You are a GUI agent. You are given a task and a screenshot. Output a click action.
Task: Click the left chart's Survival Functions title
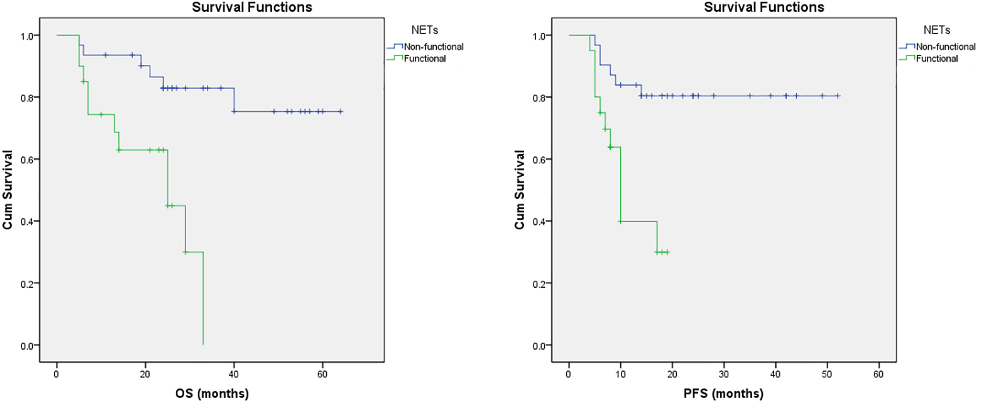(252, 7)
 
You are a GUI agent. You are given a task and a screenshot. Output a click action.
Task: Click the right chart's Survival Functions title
(764, 7)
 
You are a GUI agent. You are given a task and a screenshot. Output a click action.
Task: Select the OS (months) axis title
(211, 394)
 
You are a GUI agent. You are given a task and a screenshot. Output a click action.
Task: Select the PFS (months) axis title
(723, 394)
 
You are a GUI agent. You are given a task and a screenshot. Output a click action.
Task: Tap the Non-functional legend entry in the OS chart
(433, 46)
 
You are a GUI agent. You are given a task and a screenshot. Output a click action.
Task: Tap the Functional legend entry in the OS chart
(425, 58)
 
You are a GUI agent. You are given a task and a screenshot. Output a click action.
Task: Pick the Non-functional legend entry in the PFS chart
(945, 46)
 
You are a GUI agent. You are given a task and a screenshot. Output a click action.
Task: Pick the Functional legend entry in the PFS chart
(937, 58)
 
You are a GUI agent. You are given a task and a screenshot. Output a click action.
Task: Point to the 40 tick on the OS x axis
(233, 374)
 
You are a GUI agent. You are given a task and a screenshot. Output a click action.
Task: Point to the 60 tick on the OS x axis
(322, 374)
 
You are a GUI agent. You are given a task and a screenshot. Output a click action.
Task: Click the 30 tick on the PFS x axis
(724, 374)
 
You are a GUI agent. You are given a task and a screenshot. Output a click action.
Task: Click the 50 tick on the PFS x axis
(827, 374)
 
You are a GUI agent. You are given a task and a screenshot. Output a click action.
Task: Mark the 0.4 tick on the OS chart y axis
(27, 221)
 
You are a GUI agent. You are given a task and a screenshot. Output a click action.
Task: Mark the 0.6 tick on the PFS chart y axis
(539, 159)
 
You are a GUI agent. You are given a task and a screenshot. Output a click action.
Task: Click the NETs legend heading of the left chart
(424, 30)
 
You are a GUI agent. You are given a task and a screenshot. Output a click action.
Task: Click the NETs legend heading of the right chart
(936, 30)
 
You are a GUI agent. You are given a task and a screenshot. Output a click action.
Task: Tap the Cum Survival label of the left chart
(8, 189)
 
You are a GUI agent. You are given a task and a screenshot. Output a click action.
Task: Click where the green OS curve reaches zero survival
(203, 344)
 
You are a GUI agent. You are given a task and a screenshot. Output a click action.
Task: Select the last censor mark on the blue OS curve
(340, 111)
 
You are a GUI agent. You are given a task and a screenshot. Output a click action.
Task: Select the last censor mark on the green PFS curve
(667, 252)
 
